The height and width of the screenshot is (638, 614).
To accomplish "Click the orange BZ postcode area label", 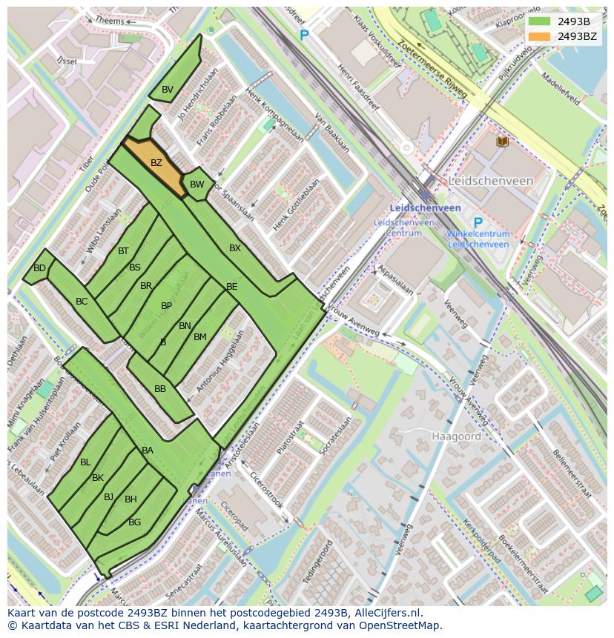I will pos(156,163).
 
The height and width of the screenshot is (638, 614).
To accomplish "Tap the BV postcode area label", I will pos(168,90).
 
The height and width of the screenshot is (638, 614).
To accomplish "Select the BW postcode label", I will pos(197,185).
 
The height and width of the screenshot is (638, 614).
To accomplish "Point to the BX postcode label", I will pos(235,248).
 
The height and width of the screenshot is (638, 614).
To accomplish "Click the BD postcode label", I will pos(39,268).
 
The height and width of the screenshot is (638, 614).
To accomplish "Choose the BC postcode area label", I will pos(82,302).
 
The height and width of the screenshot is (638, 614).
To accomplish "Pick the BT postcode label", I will pos(123,251).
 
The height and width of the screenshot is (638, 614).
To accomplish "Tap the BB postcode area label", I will pos(160,389).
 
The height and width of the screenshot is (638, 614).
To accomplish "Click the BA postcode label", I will pos(148,451).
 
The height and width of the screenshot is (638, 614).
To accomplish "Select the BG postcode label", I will pos(134,522).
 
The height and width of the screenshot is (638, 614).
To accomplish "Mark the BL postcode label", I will pos(85,462).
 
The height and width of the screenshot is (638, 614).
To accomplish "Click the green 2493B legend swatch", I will pos(539,21).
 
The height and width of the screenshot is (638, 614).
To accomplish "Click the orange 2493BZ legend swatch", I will pos(539,36).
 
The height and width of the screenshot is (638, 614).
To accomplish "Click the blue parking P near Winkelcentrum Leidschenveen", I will pos(478,223).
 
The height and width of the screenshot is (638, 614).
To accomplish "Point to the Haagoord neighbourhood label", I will pos(456,436).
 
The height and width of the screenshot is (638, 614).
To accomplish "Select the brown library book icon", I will pos(503,141).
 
